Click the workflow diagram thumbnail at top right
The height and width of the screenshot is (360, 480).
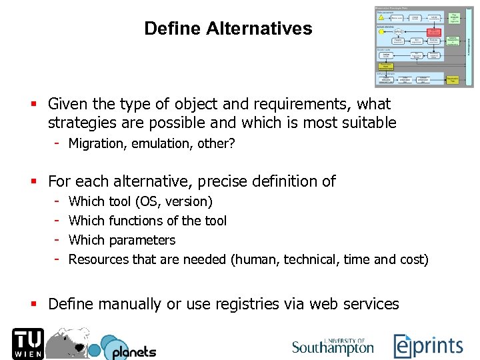coord(424,47)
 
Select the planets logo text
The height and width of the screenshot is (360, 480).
coord(133,351)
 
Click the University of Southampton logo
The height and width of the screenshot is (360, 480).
coord(333,345)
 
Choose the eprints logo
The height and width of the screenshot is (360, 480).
coord(428,345)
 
